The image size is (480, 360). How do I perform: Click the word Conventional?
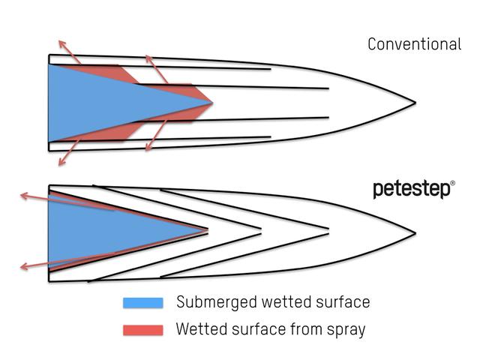[415, 44]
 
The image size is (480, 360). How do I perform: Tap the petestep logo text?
[412, 190]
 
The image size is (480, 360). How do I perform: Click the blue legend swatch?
[143, 303]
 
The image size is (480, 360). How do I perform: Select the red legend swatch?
[143, 330]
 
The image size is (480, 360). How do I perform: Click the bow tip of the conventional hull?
[415, 103]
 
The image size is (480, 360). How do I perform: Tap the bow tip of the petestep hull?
[415, 233]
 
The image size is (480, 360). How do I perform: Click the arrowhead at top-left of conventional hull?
[62, 43]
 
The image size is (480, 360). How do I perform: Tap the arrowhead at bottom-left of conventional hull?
[62, 162]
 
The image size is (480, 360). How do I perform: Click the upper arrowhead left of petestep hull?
[24, 196]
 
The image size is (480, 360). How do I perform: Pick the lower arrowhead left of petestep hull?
[24, 267]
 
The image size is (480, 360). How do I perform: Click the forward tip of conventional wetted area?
[212, 103]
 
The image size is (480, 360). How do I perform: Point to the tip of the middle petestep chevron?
[261, 231]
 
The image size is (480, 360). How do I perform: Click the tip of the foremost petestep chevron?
[328, 231]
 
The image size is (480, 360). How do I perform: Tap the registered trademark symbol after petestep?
[453, 183]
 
